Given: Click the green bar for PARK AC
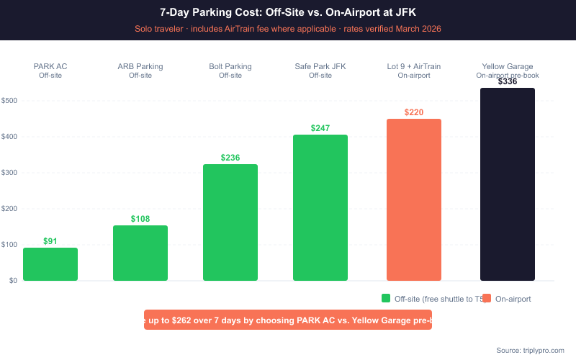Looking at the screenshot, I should coord(50,264).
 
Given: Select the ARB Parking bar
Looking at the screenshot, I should coord(140,253).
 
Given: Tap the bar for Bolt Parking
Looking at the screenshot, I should coord(230,222).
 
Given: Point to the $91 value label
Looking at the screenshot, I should coord(50,241).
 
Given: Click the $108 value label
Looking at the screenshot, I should coord(140,218).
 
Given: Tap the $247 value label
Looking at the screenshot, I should coord(320,128).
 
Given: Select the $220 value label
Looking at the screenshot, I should coord(414,112).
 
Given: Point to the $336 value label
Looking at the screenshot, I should coord(508,81).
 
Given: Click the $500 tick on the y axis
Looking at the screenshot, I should coord(9,101).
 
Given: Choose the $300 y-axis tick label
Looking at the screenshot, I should coord(9,173).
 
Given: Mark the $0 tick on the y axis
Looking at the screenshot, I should coord(13,281).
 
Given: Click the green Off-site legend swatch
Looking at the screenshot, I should coord(386,298).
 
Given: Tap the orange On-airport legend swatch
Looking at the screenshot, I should coord(487,298).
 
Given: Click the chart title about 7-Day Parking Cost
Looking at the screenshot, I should coord(288,12).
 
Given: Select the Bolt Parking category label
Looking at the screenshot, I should coord(230,67).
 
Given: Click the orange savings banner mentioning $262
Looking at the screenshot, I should coord(288,320).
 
